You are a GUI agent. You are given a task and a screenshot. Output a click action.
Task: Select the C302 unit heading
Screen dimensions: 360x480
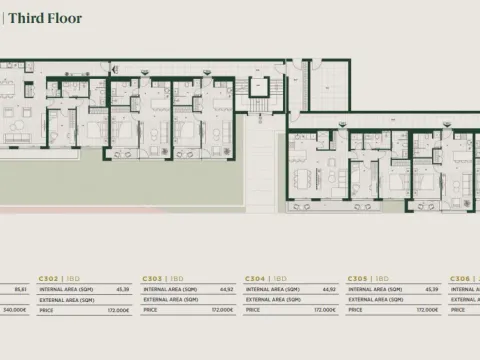pos(48,278)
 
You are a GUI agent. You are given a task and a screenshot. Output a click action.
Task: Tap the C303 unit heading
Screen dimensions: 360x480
pos(151,278)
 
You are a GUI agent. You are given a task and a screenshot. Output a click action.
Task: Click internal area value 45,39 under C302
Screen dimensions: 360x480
pos(124,289)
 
